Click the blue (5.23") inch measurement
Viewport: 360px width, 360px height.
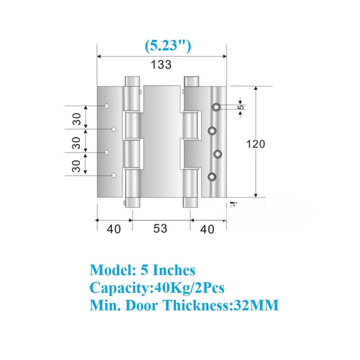coord(168,46)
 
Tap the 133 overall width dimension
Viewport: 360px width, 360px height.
coord(161,65)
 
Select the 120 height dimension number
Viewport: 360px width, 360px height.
coord(256,144)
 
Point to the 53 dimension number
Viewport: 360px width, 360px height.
coord(160,229)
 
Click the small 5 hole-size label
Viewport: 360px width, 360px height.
coord(240,107)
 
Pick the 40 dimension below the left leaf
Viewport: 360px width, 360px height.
coord(114,229)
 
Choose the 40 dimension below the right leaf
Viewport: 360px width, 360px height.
coord(207,229)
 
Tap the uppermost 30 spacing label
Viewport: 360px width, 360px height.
coord(77,119)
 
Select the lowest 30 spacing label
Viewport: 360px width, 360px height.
coord(76,166)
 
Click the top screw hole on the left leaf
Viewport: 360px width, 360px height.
coord(107,106)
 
